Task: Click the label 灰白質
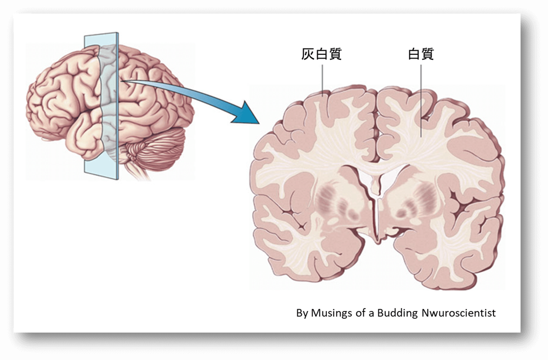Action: tap(321, 54)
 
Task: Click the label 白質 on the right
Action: tap(421, 54)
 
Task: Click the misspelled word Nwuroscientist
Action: tap(459, 313)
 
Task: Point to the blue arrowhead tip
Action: tap(259, 123)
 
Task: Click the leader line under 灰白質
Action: tap(322, 80)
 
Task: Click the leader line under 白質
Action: tap(421, 101)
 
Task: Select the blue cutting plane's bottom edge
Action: tap(101, 176)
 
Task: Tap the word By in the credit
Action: tap(302, 314)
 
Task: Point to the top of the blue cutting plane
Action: tap(101, 35)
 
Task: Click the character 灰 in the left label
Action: tap(308, 54)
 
